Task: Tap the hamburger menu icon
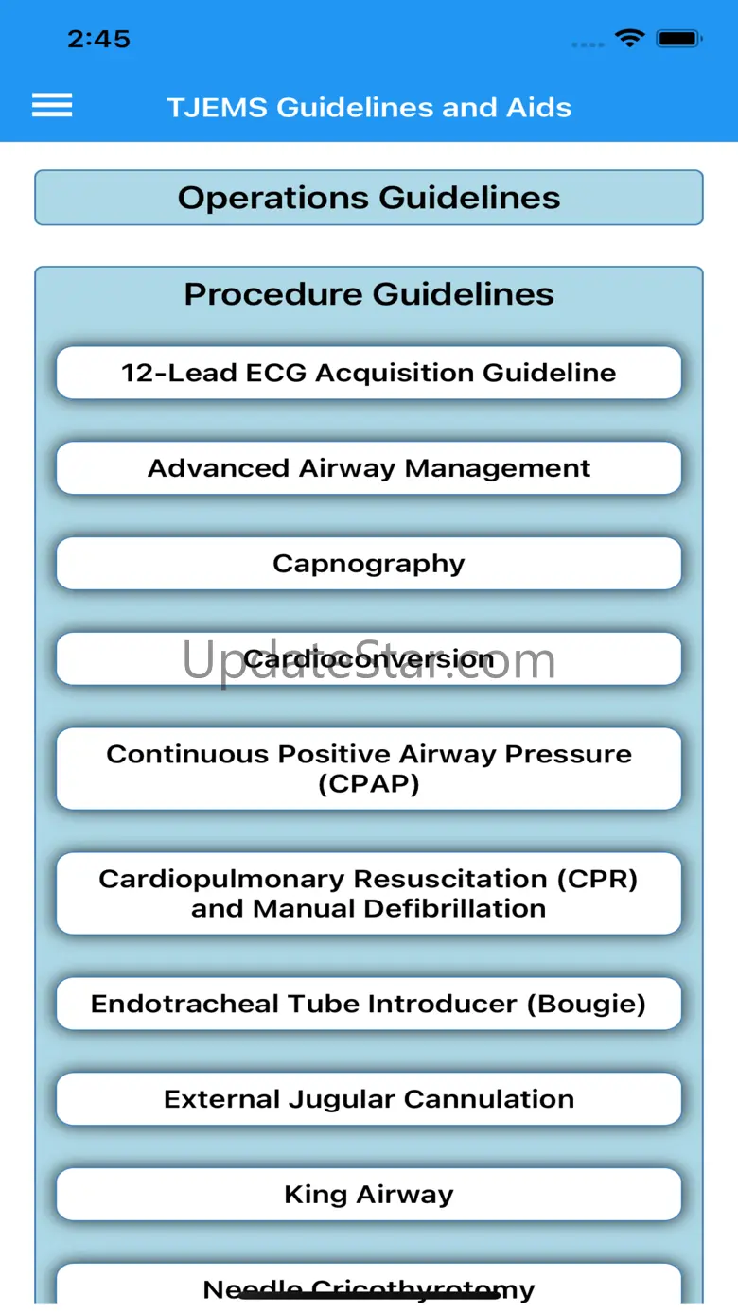pyautogui.click(x=52, y=105)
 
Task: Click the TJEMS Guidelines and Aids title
pyautogui.click(x=369, y=107)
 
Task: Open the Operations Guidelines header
pyautogui.click(x=369, y=198)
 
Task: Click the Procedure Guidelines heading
pyautogui.click(x=369, y=294)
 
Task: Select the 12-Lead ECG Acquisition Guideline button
pyautogui.click(x=369, y=373)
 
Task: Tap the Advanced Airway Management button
pyautogui.click(x=369, y=468)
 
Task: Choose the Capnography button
pyautogui.click(x=369, y=564)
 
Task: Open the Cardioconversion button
pyautogui.click(x=369, y=659)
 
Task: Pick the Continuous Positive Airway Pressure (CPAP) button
pyautogui.click(x=369, y=768)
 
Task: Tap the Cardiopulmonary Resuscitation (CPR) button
pyautogui.click(x=369, y=893)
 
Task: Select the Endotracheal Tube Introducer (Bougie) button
pyautogui.click(x=369, y=1004)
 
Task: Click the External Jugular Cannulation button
pyautogui.click(x=369, y=1099)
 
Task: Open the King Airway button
pyautogui.click(x=369, y=1195)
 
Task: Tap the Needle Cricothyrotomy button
pyautogui.click(x=369, y=1287)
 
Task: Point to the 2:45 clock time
pyautogui.click(x=98, y=39)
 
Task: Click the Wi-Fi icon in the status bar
pyautogui.click(x=628, y=39)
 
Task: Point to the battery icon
pyautogui.click(x=678, y=39)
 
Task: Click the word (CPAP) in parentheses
pyautogui.click(x=369, y=784)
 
